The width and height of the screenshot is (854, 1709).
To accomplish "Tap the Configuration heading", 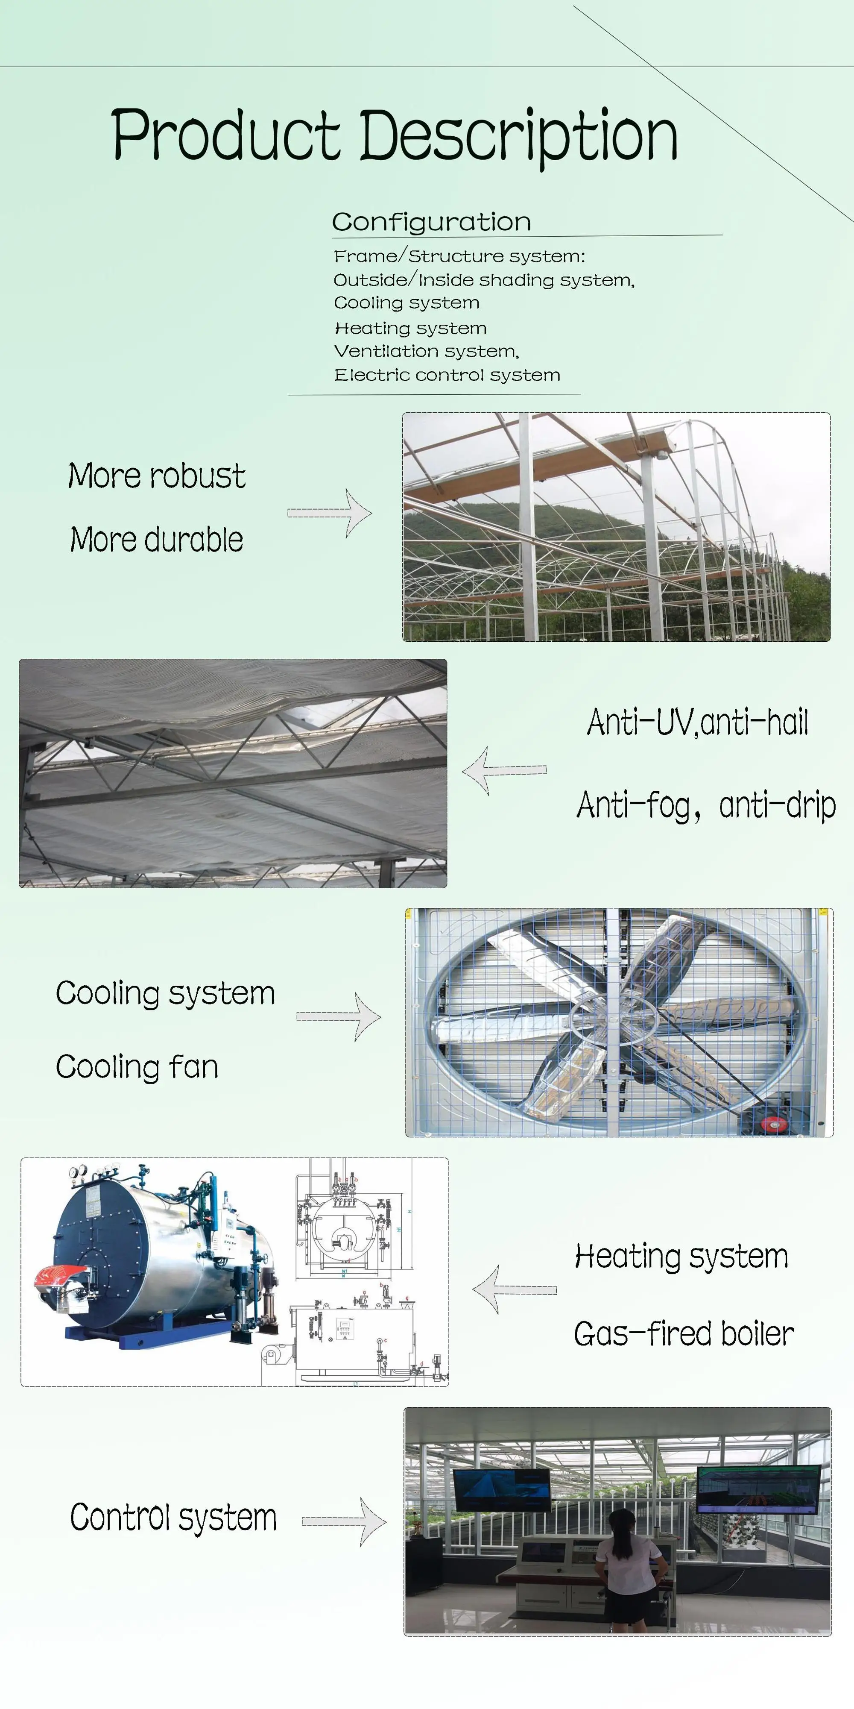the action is coord(431,222).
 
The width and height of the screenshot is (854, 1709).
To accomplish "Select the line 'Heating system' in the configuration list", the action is coord(410,328).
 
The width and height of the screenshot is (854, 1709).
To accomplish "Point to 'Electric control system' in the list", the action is coord(447,375).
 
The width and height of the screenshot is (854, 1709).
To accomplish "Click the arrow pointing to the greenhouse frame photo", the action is coord(330,513).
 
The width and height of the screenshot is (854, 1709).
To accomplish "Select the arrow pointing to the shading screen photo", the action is coord(504,770).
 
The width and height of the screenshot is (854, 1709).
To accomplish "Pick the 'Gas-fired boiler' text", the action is coord(684,1333).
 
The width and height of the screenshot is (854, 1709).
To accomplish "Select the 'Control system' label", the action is coord(173,1517).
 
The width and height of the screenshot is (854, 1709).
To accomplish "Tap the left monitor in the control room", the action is coord(502,1488).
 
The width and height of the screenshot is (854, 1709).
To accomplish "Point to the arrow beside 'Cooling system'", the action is coord(339,1016).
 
